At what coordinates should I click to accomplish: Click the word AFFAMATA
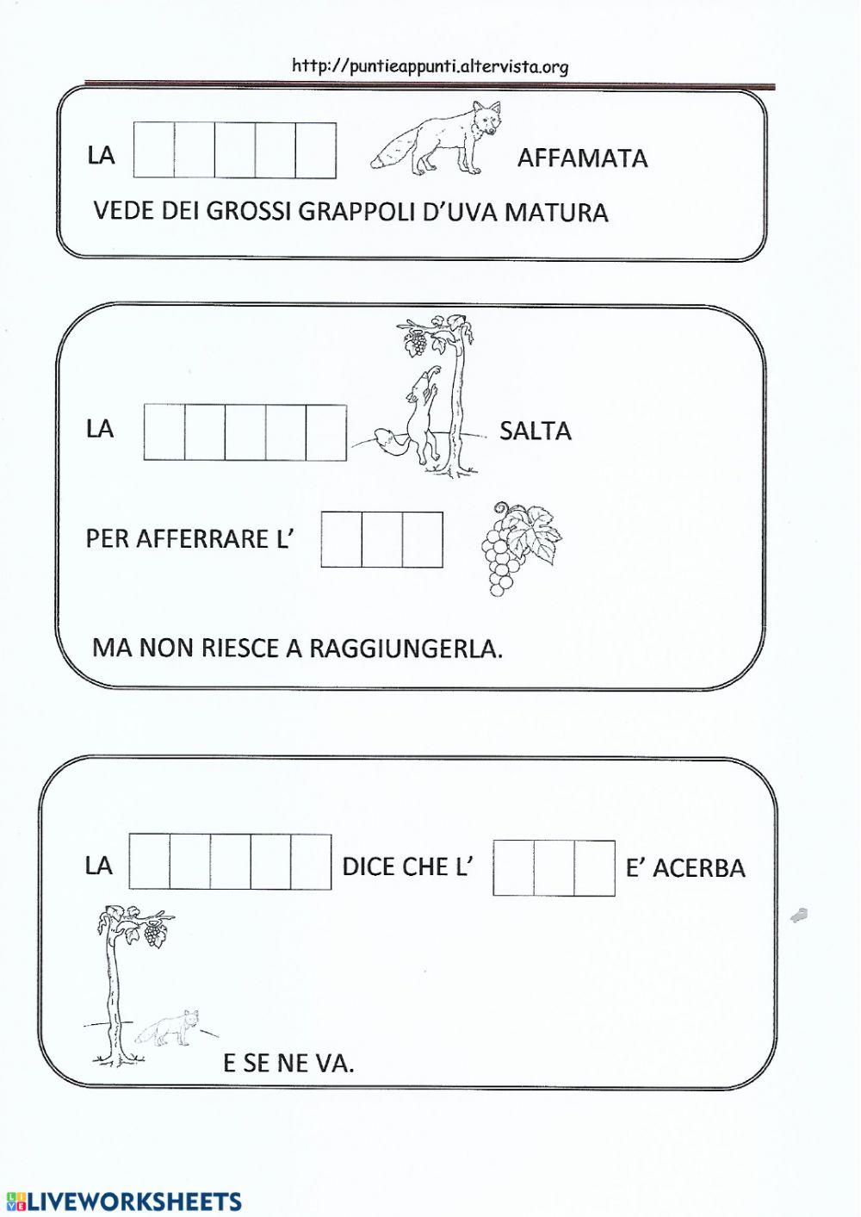coord(582,158)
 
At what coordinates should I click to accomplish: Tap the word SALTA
coord(535,431)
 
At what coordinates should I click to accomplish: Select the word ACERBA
coord(698,867)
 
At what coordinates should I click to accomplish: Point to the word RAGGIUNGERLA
coord(405,649)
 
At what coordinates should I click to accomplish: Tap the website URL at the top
coord(430,66)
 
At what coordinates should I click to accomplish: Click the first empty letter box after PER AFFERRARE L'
coord(341,539)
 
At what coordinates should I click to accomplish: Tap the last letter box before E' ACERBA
coord(594,868)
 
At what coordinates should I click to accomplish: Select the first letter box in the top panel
coord(154,151)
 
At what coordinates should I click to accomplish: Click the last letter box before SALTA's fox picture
coord(326,432)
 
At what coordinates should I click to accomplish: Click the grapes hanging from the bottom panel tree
coord(154,934)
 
